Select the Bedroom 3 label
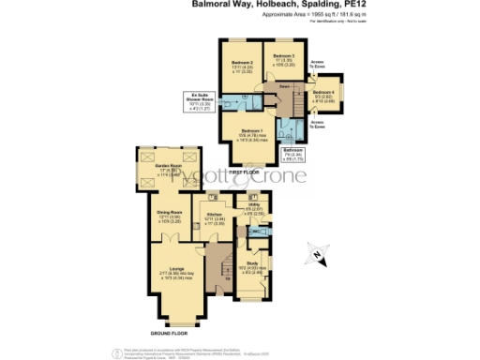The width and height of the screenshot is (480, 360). click(x=284, y=57)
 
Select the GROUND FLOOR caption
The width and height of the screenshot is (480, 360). click(x=169, y=333)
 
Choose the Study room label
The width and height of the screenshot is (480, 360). click(x=251, y=264)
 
